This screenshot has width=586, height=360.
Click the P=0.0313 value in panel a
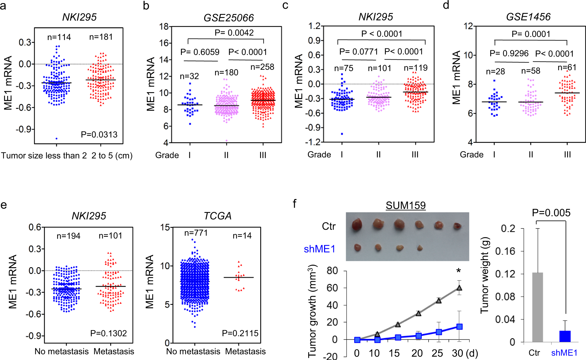coord(99,135)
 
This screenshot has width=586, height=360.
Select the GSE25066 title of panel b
coord(228,18)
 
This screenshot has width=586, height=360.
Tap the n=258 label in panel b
coord(262,67)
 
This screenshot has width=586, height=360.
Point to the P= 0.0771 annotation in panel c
coord(358,52)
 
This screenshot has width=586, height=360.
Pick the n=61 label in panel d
coord(567,68)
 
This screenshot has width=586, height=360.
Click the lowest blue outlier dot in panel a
coord(56,138)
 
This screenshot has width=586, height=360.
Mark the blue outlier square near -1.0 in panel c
coord(342,134)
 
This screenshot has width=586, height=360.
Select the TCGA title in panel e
coord(217,216)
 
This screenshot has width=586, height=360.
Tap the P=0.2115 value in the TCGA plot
coord(240,333)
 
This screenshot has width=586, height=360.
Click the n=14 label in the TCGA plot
coord(242,236)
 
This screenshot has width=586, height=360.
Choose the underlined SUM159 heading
coord(405,205)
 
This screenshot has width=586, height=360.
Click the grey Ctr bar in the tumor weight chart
coord(537,307)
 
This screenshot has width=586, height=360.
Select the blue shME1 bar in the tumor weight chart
coord(565,336)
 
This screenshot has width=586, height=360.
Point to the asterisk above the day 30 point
coord(458,271)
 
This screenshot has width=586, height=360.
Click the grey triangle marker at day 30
coord(459,288)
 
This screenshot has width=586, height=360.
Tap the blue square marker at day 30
coord(459,326)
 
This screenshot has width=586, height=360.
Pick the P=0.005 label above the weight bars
coord(551,213)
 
